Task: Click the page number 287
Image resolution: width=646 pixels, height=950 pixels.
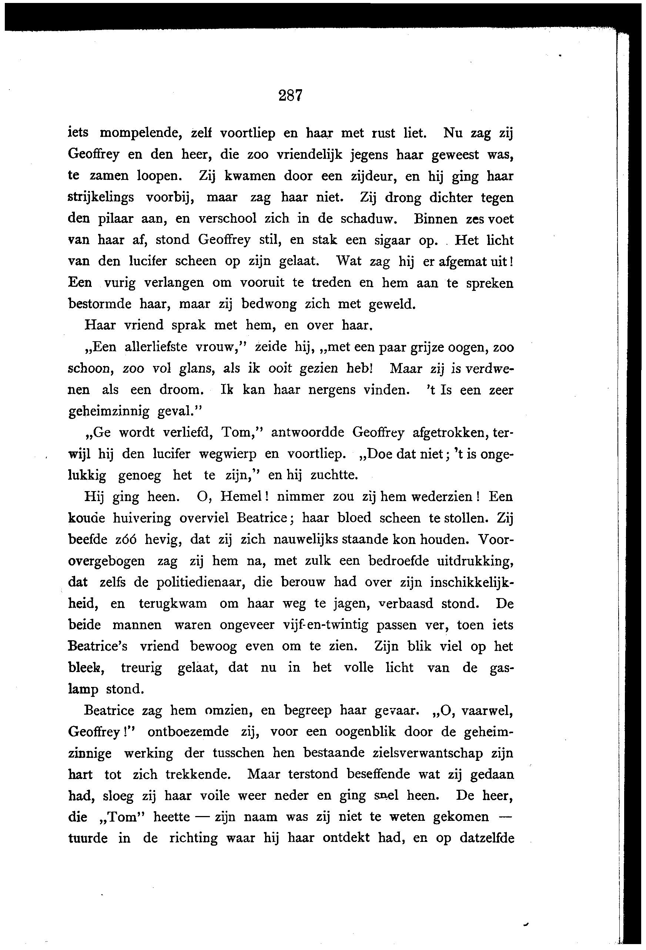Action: (x=290, y=95)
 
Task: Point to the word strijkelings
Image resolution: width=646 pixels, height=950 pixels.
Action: (x=101, y=198)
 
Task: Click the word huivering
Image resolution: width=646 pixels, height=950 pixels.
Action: (x=142, y=518)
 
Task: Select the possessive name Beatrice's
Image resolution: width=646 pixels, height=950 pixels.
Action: (x=98, y=646)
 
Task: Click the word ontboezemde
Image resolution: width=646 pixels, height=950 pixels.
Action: (x=188, y=731)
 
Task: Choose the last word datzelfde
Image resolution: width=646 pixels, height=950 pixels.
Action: (x=486, y=838)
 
